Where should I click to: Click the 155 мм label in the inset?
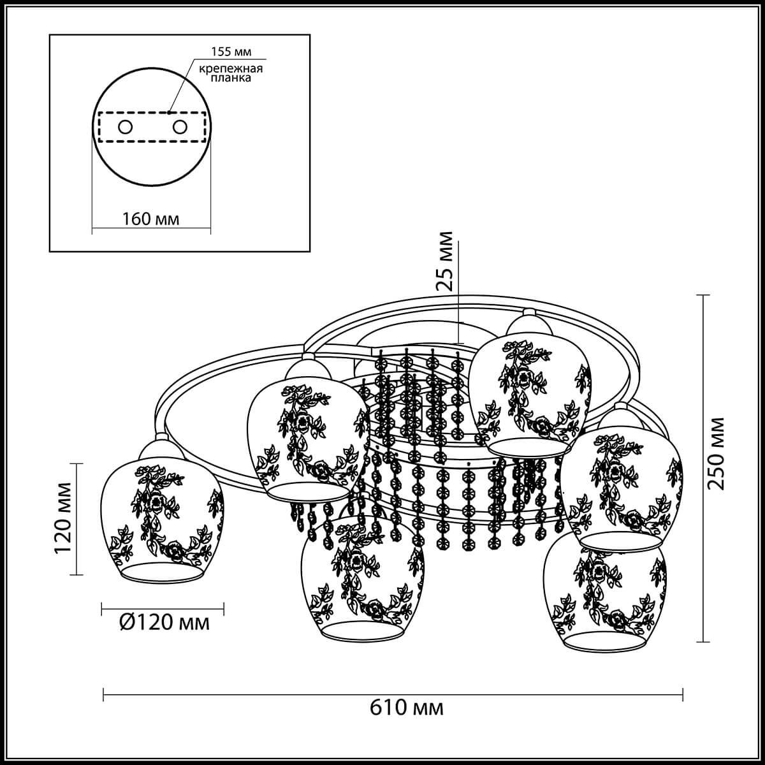(x=231, y=52)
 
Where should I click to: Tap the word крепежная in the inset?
(x=231, y=69)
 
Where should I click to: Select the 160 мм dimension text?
(x=150, y=219)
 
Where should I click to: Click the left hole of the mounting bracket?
(x=125, y=127)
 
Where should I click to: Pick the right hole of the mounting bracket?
(x=180, y=127)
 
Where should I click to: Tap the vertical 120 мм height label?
(x=63, y=518)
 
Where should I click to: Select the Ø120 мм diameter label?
(x=164, y=622)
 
